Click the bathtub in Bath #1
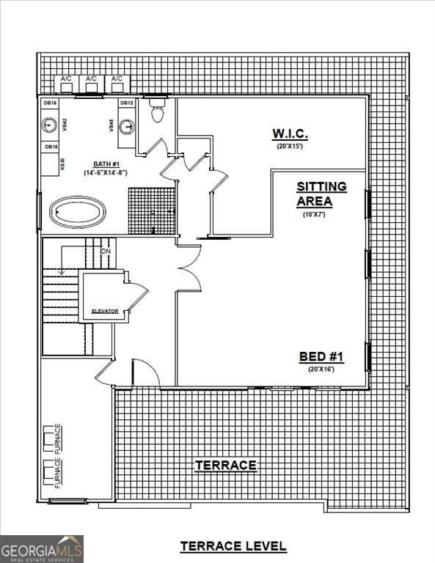point(77,213)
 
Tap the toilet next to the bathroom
point(157,111)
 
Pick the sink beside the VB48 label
point(126,126)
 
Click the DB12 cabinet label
point(126,103)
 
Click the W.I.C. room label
point(290,133)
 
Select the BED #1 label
point(321,357)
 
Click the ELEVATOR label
point(105,312)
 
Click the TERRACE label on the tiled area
point(225,466)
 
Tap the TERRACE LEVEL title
point(233,546)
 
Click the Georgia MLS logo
point(42,548)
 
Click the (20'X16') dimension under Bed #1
point(321,369)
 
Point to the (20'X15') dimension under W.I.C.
point(290,146)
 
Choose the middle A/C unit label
point(91,78)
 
